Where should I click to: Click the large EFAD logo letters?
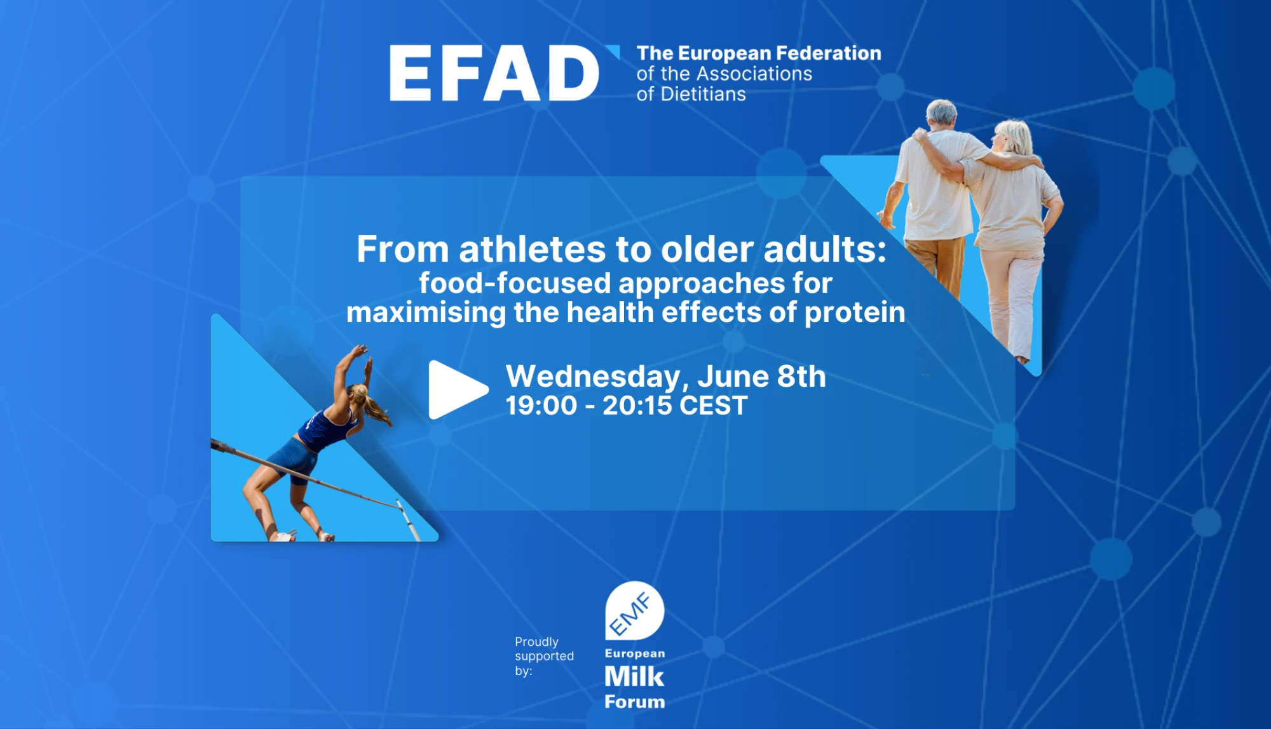coord(494,73)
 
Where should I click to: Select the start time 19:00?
coord(541,406)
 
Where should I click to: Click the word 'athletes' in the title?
coord(533,249)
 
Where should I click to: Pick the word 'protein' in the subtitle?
coord(855,313)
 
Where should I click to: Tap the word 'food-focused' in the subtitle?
coord(515,283)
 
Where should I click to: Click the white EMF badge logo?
coord(634,610)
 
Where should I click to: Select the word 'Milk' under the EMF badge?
coord(634,677)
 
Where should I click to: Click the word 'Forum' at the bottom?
coord(634,702)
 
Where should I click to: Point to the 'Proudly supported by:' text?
coord(544,656)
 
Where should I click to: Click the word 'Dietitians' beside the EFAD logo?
coord(703,94)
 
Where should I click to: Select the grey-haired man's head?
coord(941,114)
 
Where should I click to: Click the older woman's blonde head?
coord(1013,137)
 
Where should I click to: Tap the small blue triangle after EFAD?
coord(613,51)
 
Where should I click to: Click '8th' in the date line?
coord(801,377)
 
